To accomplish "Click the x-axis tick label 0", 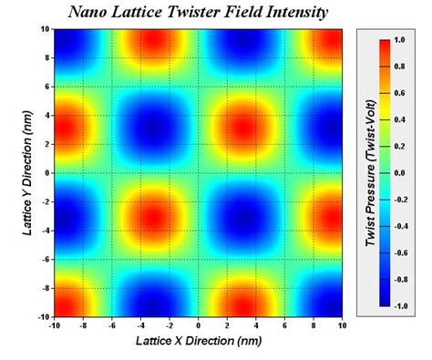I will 199,324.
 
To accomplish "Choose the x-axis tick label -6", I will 111,324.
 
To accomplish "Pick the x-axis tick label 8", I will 314,324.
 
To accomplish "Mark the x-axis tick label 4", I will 256,324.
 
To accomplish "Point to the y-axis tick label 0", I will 46,172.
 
